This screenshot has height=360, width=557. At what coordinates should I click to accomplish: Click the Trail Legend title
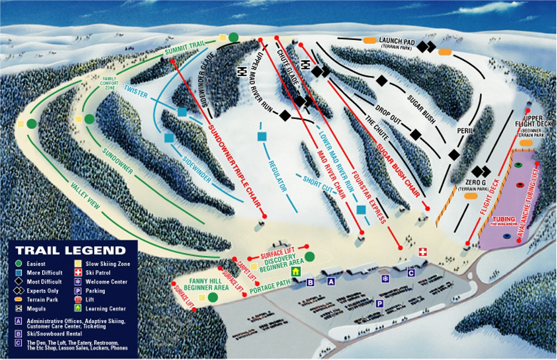70,251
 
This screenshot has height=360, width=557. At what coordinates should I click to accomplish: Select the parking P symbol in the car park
380,304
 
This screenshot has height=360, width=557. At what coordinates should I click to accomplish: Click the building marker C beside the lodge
411,273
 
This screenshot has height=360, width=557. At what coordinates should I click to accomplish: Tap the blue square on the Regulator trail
262,136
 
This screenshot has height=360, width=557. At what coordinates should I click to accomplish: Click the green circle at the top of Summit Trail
233,37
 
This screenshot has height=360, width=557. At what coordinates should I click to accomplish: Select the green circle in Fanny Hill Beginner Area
213,297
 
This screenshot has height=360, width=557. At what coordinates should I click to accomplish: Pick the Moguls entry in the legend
36,308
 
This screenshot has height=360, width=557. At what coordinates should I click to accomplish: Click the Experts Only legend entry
41,290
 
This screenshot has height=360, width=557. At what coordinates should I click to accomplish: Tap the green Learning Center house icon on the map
295,271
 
